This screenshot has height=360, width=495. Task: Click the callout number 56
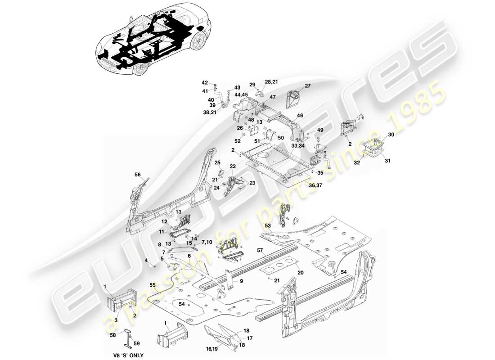coord(138,174)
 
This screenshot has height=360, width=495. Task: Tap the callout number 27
coord(308,86)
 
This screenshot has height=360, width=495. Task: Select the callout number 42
coord(205,83)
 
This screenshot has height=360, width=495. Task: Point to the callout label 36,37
coord(315,185)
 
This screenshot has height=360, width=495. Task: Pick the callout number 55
coord(153,285)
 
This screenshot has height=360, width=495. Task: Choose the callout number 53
coord(268,225)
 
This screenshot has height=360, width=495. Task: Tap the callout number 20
coord(301,273)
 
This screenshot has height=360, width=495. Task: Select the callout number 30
coord(391,135)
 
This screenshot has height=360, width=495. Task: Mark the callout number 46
coord(300,116)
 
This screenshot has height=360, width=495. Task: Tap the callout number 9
coord(241,281)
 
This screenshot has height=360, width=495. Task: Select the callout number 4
coord(146,260)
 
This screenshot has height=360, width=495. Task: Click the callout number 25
coord(217,162)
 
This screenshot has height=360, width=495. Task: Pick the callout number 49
coord(320,130)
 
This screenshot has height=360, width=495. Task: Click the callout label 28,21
coord(271,82)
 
